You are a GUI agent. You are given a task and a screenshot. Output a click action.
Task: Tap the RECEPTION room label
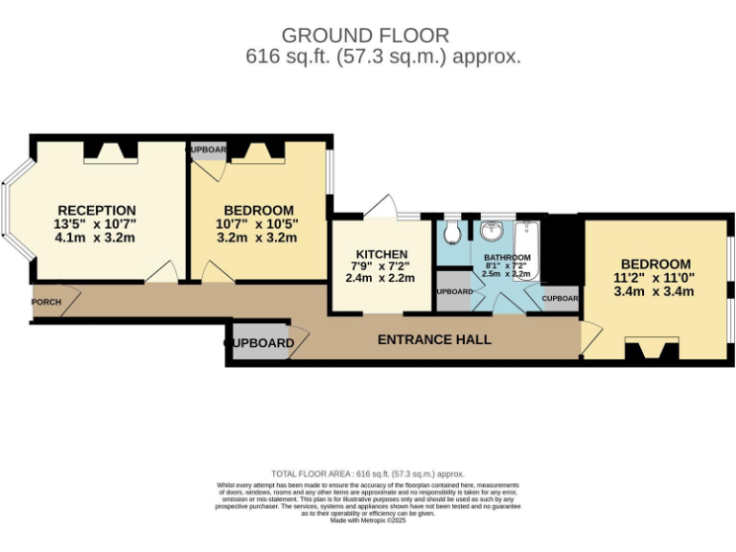pos(97,210)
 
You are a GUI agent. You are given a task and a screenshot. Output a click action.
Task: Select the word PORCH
pos(46,303)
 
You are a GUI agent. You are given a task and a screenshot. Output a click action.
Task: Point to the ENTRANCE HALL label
pos(434,339)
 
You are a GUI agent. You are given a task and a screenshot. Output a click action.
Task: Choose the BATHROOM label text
pos(507,258)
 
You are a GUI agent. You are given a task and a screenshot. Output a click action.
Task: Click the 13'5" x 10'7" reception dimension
pos(97,224)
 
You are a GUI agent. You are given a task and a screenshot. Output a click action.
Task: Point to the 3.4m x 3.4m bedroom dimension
pos(655,293)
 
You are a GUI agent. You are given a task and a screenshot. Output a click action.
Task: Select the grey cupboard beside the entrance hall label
pos(261,343)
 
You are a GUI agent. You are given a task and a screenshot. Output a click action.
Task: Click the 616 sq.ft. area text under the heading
pos(383,57)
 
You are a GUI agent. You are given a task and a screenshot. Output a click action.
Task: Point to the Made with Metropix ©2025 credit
pos(369,519)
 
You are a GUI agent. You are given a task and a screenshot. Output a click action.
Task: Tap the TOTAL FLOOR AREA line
pos(368,473)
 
